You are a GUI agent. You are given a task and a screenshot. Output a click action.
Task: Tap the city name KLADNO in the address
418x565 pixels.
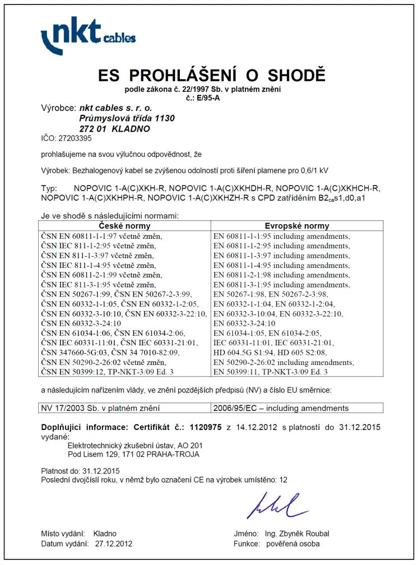pos(131,128)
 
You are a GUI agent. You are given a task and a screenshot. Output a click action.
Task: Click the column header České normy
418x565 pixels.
pos(124,226)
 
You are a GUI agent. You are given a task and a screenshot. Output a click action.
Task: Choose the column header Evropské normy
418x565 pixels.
pos(296,226)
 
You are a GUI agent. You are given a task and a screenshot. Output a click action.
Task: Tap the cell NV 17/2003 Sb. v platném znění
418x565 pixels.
pos(101,408)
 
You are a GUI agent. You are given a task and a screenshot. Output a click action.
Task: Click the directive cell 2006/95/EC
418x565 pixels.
pos(281,408)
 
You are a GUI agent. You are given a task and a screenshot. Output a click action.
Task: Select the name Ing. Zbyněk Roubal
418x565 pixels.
pos(299,533)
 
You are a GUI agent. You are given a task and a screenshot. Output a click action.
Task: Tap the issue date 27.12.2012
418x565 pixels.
pos(114,544)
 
